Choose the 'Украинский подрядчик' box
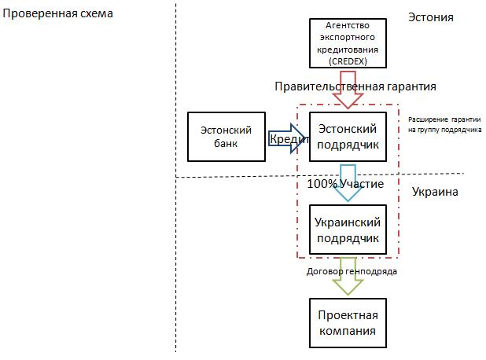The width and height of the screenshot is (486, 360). click(346, 229)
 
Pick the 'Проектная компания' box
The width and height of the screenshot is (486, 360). click(347, 322)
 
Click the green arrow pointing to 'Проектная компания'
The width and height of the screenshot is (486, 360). click(347, 284)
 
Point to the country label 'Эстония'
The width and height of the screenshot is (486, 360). click(431, 17)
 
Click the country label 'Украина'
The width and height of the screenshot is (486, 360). click(435, 192)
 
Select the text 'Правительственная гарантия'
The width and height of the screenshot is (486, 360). click(355, 86)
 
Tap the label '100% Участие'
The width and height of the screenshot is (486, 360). click(347, 185)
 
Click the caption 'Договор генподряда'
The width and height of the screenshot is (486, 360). click(352, 271)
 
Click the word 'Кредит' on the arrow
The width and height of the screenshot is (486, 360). click(288, 138)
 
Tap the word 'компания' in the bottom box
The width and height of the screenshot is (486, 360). click(347, 330)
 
